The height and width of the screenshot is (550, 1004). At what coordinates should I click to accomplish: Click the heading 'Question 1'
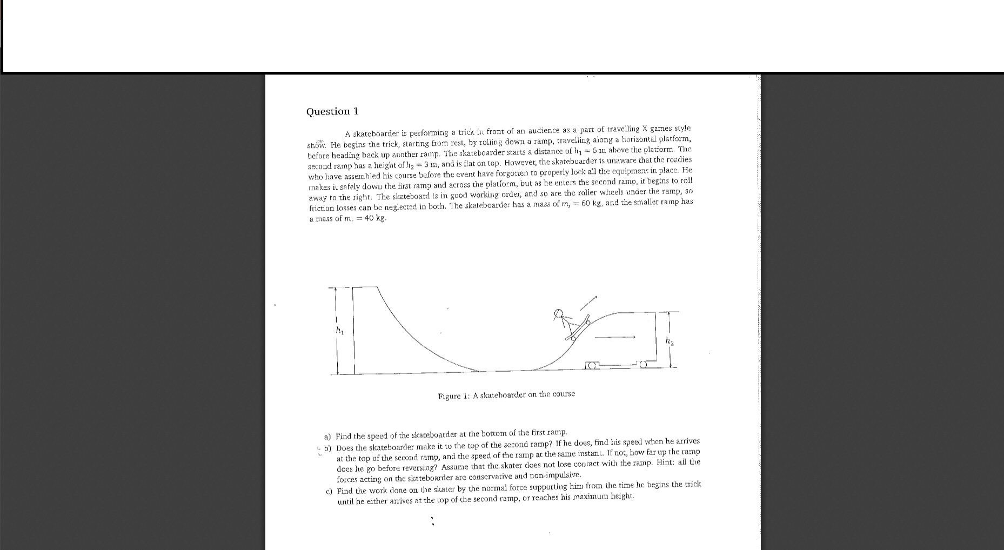point(332,111)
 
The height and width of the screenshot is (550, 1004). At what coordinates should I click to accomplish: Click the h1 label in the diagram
point(339,330)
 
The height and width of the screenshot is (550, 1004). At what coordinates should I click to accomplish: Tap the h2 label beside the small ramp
point(670,341)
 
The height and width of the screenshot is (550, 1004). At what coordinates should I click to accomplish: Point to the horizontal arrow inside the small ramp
point(614,337)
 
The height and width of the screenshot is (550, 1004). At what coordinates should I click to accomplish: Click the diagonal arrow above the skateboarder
point(589,303)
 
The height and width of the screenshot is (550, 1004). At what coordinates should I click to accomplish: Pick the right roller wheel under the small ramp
point(643,365)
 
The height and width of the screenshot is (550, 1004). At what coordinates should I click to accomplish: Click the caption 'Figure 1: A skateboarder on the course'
point(506,395)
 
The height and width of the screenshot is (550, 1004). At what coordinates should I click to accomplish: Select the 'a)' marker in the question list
point(327,437)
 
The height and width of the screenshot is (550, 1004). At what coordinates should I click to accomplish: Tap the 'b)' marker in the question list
point(328,448)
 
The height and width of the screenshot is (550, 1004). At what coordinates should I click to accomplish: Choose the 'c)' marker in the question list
point(329,492)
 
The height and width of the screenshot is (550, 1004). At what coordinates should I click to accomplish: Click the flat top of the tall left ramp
point(365,287)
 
